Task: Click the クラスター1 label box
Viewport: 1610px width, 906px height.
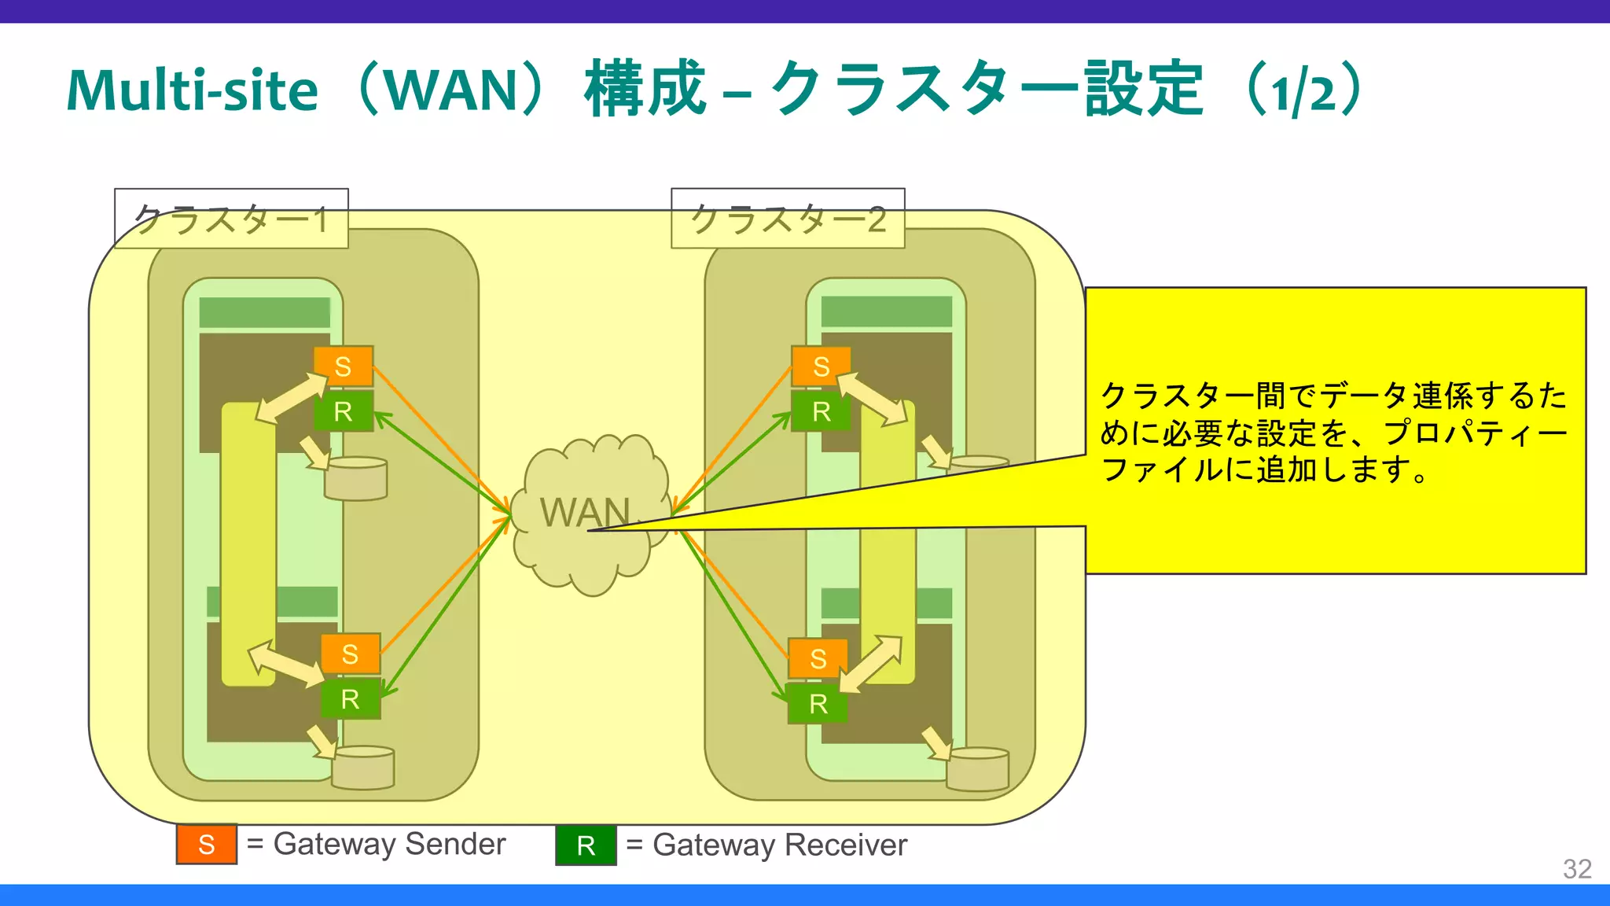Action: coord(231,219)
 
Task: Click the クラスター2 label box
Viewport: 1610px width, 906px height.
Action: coord(788,219)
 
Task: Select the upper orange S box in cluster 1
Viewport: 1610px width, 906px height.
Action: coord(344,366)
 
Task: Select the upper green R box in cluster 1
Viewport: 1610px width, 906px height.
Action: coord(344,411)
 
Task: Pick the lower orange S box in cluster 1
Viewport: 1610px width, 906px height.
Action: coord(351,654)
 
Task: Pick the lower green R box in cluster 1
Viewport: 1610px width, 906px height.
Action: coord(351,698)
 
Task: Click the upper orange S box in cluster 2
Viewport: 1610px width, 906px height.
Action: coord(821,366)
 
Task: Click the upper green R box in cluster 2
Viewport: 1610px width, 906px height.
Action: coord(821,411)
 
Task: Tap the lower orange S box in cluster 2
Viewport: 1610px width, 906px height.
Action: coord(818,658)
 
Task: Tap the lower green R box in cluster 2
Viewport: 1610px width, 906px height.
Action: coord(818,703)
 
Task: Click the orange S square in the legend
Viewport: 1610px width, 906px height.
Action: coord(207,845)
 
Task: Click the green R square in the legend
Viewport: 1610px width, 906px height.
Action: coord(586,845)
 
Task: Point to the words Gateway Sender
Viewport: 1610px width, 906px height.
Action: coord(389,844)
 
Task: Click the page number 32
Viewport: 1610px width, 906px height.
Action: coord(1577,868)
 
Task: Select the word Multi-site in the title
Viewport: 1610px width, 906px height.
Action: coord(193,90)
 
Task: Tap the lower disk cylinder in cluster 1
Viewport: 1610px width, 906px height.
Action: coord(362,768)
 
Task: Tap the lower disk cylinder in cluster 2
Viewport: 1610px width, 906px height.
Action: coord(977,769)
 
